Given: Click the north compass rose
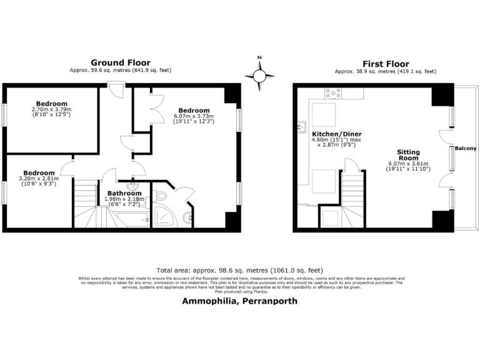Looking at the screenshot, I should tap(259, 75).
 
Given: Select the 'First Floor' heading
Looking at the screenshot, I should tap(386, 63).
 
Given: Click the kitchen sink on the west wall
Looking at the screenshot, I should tap(301, 125).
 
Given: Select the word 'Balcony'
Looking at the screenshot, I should tap(465, 148).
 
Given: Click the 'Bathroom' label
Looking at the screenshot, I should tap(124, 194).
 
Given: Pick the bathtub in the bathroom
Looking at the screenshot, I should tap(128, 219).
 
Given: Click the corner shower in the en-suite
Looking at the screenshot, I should tap(165, 216).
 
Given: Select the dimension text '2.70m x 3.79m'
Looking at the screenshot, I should tap(51, 109).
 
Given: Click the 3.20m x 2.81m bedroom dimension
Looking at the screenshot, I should tap(39, 179).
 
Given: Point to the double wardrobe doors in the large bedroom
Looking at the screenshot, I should tap(156, 103).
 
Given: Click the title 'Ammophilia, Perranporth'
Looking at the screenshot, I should tap(239, 301).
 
